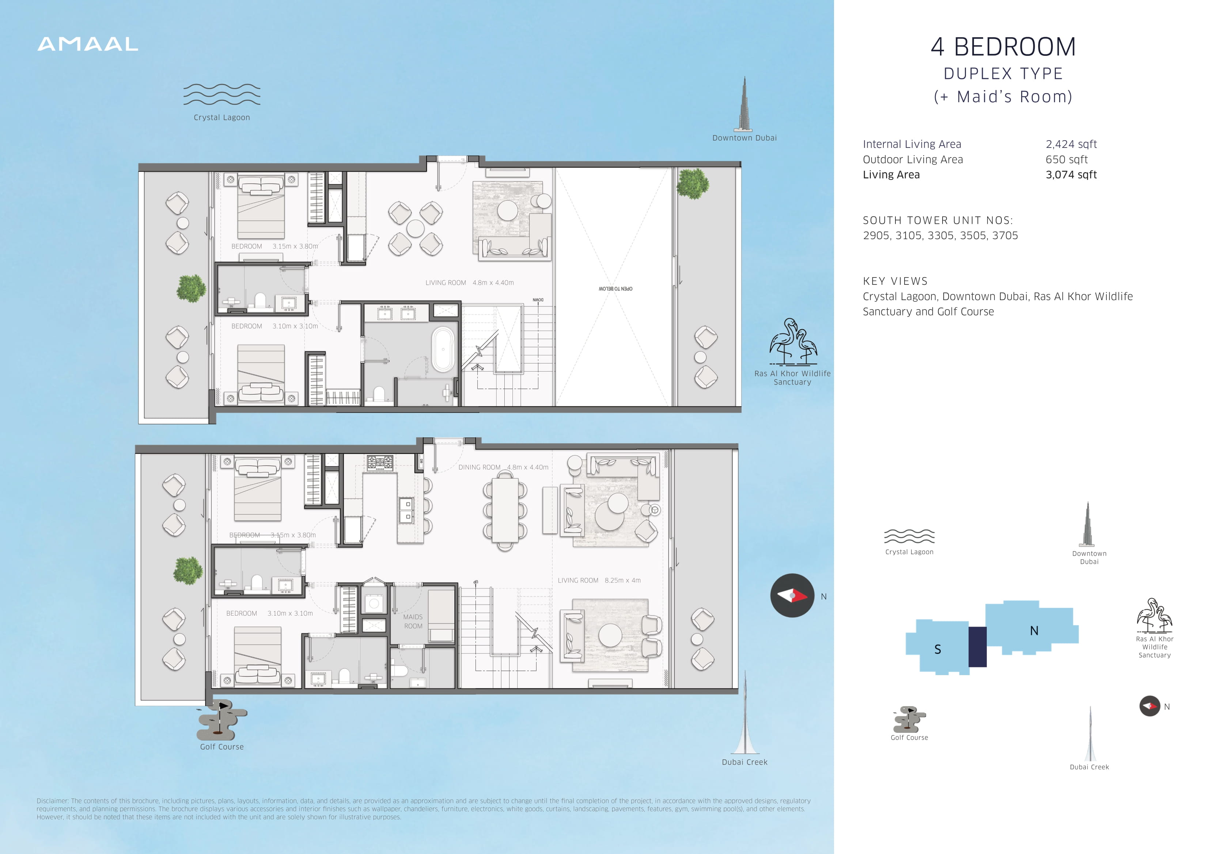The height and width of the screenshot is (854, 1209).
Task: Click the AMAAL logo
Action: click(88, 44)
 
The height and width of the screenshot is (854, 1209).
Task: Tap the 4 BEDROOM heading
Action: click(1003, 47)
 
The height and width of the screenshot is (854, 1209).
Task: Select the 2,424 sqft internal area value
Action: click(1071, 144)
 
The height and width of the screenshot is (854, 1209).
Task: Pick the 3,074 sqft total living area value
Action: click(1071, 175)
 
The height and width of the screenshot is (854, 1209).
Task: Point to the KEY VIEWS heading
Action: click(895, 281)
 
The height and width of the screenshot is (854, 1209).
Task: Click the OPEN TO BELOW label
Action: click(615, 289)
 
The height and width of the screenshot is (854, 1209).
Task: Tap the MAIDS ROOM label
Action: click(413, 621)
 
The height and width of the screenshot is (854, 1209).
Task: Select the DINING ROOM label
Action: click(479, 467)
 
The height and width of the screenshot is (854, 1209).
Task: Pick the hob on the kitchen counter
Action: click(380, 463)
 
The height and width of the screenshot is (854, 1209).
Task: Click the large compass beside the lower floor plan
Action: click(792, 595)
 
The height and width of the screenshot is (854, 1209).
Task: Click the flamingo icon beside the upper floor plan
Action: click(793, 341)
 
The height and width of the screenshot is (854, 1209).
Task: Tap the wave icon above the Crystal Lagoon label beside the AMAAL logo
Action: click(222, 94)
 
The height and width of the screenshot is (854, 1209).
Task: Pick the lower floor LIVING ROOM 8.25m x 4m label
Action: click(599, 581)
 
